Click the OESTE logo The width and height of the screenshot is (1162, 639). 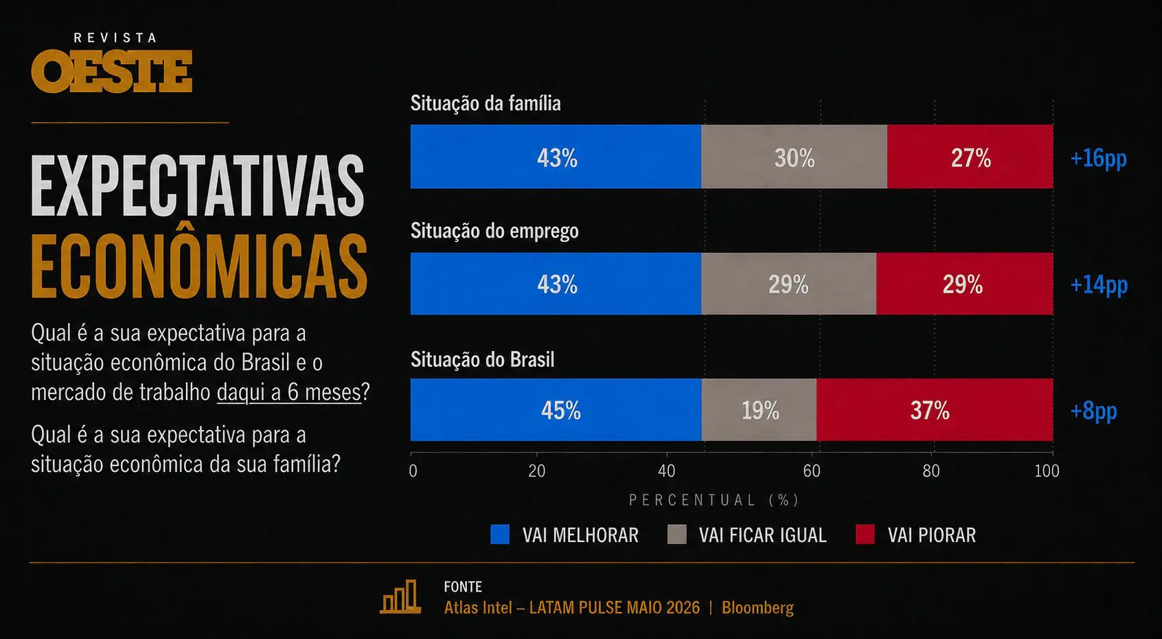111,71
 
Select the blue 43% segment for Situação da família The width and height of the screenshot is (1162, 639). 556,156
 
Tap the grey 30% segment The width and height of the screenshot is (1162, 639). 794,156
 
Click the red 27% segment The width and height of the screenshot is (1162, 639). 970,156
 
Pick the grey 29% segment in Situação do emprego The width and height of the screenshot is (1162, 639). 788,283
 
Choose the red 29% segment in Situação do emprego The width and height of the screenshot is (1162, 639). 964,283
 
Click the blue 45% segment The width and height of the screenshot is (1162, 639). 556,410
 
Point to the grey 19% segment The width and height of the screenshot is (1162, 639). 759,410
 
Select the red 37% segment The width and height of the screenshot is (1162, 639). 935,410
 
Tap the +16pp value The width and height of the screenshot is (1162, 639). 1099,158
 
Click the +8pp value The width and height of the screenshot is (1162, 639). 1093,411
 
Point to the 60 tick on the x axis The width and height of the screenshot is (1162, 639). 811,471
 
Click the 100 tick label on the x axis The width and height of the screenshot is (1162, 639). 1047,471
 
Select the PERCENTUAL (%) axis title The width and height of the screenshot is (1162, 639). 714,500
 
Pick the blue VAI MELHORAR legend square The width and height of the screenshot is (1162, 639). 500,534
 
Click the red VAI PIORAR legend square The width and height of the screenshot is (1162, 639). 865,534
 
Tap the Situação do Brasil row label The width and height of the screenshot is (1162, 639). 482,359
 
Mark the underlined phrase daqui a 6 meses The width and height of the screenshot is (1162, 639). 289,392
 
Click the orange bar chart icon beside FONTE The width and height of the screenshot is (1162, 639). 400,596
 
